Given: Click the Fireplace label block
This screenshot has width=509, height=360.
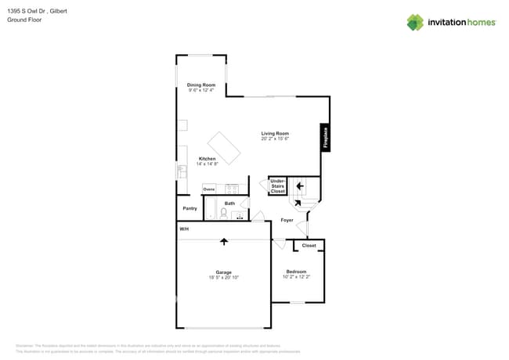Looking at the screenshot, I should [x=325, y=137].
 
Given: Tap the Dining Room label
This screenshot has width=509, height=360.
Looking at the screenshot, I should [x=201, y=85].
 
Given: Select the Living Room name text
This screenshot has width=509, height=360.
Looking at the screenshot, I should [x=275, y=133].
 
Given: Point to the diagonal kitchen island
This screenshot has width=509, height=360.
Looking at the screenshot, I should [x=224, y=148].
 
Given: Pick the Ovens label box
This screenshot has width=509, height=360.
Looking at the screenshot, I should [x=209, y=189].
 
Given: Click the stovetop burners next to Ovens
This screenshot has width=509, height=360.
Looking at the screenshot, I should [x=232, y=189].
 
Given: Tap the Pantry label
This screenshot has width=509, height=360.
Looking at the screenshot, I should [x=190, y=208].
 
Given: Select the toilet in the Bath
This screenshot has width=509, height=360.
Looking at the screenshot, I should [x=223, y=212].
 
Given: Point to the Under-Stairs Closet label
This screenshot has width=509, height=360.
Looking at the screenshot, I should [x=278, y=186].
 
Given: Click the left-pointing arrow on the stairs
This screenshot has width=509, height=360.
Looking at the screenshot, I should [x=300, y=186].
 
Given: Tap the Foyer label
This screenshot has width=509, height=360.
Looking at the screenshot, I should [x=287, y=220].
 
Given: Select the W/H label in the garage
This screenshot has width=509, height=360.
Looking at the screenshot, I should [x=184, y=229].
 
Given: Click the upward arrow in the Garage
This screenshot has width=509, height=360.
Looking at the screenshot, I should [x=224, y=241].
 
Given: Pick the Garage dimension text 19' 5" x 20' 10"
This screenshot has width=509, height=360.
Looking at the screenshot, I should [x=224, y=277].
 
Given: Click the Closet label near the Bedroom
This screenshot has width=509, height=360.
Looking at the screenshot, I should [x=309, y=245].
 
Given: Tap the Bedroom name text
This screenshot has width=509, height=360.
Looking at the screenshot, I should [x=296, y=272].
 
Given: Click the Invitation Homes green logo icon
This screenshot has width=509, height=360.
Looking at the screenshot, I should [x=415, y=23].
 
